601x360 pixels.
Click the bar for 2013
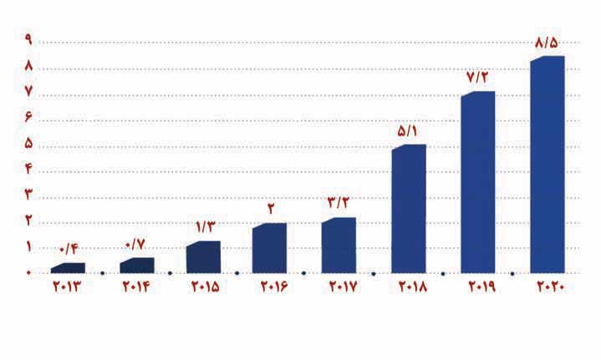[x=69, y=268]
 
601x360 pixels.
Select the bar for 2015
[x=204, y=257]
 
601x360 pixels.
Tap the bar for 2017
[x=339, y=246]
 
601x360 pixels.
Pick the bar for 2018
[x=409, y=209]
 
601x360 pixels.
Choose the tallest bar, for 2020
[x=548, y=165]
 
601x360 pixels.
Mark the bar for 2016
[x=270, y=248]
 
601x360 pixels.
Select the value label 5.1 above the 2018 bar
[x=408, y=130]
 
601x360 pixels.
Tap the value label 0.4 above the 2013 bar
[x=68, y=249]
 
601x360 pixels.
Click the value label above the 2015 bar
[x=205, y=226]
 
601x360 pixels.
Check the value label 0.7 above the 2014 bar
[x=136, y=244]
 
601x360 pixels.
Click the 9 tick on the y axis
[x=28, y=40]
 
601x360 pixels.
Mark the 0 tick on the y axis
[x=28, y=273]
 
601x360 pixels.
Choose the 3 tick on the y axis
[x=28, y=195]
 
